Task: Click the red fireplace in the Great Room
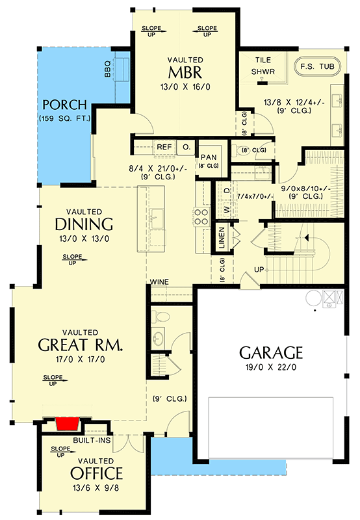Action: point(68,424)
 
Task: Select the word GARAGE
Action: point(271,353)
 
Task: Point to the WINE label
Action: point(160,282)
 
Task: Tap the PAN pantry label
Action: point(208,157)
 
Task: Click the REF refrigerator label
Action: point(164,147)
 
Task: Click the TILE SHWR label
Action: point(263,65)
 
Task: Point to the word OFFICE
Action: point(96,473)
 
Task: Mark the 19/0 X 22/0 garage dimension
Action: point(271,368)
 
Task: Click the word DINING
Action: point(84,224)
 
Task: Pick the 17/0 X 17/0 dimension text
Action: point(81,358)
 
